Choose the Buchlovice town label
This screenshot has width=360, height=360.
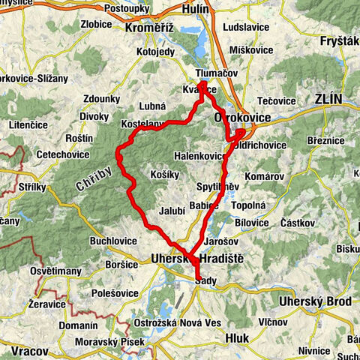point(112,241)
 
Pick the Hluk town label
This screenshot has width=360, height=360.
point(238,338)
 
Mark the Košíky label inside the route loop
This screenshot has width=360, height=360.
point(165,173)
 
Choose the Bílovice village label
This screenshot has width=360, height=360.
point(250,223)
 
